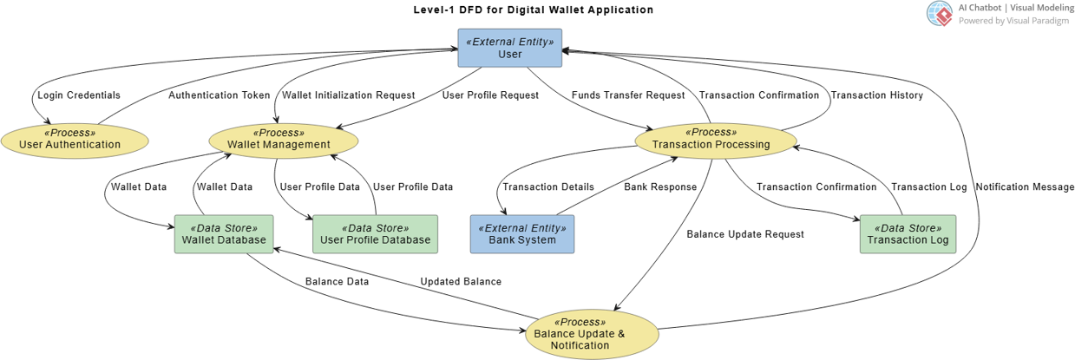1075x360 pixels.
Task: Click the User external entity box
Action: click(x=509, y=48)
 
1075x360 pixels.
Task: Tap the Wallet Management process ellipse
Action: click(x=283, y=139)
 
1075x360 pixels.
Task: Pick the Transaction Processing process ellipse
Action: click(x=716, y=139)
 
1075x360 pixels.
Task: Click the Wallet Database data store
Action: click(x=225, y=234)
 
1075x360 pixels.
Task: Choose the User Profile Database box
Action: click(x=375, y=234)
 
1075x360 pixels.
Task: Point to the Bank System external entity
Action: click(x=521, y=234)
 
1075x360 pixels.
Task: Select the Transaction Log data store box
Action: click(x=908, y=234)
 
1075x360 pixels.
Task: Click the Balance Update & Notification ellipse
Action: click(x=591, y=334)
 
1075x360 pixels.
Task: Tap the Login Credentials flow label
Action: click(x=79, y=95)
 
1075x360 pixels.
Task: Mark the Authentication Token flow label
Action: click(x=220, y=95)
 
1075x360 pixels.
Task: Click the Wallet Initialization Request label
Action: click(x=349, y=95)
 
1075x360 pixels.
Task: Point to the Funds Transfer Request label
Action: click(x=628, y=95)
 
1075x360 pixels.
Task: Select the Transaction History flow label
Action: click(x=877, y=95)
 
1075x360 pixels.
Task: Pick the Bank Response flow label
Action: click(x=660, y=187)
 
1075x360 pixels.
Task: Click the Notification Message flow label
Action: click(x=1025, y=187)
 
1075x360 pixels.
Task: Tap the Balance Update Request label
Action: click(x=745, y=234)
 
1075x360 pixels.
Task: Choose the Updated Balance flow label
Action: click(x=461, y=282)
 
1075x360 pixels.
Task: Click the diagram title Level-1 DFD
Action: click(x=534, y=10)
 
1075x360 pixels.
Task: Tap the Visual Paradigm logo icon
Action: click(x=940, y=13)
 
